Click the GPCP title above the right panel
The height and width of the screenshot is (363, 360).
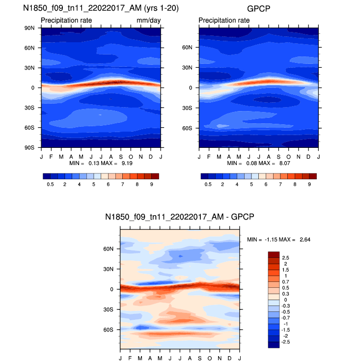click(258, 8)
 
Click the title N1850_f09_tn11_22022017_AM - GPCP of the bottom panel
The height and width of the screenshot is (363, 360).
click(179, 217)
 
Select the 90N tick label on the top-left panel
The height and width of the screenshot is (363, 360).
click(30, 28)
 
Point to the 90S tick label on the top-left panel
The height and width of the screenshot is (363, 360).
click(30, 147)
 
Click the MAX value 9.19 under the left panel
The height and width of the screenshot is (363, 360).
click(127, 163)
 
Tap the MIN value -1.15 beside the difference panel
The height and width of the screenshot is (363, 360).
click(270, 239)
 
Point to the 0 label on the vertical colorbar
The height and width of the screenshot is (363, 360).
click(284, 300)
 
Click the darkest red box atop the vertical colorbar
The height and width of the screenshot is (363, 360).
click(274, 254)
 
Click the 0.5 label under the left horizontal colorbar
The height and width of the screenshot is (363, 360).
click(50, 184)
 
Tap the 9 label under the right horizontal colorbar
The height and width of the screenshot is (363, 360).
click(309, 184)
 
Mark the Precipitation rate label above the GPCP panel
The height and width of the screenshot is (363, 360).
click(224, 20)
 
